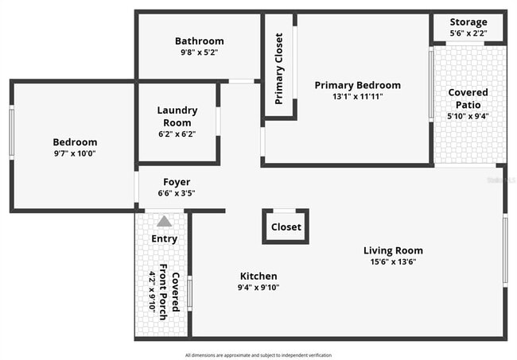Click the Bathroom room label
click(199, 41)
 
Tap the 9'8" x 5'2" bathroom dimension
click(199, 52)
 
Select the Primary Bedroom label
click(357, 85)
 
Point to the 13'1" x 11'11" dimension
click(357, 97)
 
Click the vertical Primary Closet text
click(279, 68)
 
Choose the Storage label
click(468, 22)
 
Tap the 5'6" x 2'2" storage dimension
click(468, 33)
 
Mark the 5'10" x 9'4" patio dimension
click(468, 116)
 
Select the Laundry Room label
click(177, 117)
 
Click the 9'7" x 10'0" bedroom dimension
click(75, 153)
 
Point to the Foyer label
click(177, 182)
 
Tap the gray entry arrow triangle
click(164, 222)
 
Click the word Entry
click(164, 238)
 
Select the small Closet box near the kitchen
click(286, 226)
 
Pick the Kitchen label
click(258, 276)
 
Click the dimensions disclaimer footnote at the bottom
click(258, 354)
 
